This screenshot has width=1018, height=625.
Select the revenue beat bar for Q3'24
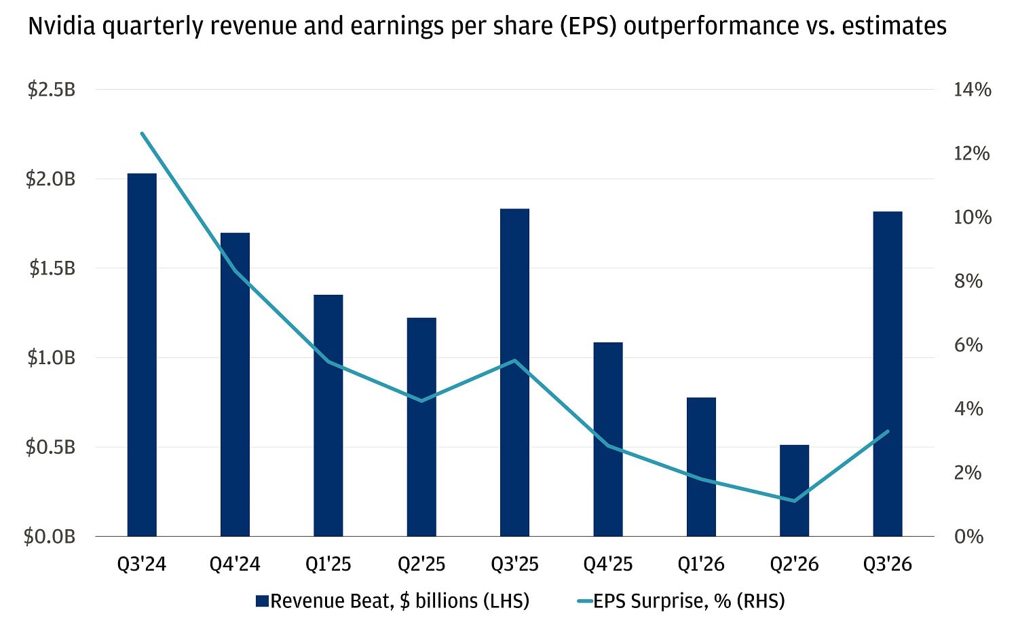coord(142,355)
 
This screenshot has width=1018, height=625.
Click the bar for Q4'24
coord(235,385)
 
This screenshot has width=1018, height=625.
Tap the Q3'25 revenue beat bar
coord(514,372)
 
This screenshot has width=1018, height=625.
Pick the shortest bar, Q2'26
coord(794,490)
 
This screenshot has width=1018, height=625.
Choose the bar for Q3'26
coord(887,374)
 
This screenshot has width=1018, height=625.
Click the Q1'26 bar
coord(701,467)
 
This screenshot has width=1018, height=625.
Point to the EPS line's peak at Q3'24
coord(142,134)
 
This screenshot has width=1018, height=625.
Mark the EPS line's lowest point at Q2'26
coord(794,501)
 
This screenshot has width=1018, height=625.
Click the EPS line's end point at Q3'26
coord(887,431)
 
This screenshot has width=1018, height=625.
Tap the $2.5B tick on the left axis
coord(51,90)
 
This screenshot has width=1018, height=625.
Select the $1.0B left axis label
coord(51,358)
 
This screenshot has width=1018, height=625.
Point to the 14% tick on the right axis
coord(972,90)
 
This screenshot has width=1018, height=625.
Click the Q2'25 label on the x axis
coord(421,565)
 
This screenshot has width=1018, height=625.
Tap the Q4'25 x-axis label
coord(608,565)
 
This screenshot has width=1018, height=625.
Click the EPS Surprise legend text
coord(689,601)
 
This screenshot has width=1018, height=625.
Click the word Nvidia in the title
coord(60,26)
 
